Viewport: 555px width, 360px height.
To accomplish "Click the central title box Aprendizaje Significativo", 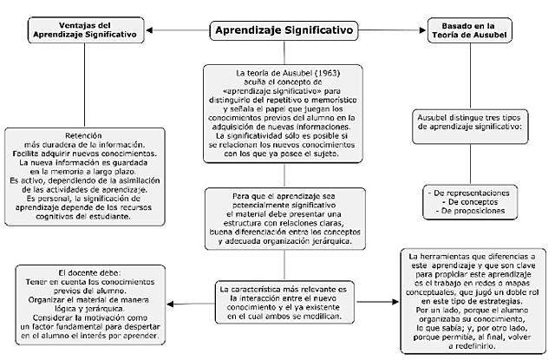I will click(284, 30).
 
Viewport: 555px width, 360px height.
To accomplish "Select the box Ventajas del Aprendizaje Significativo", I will click(84, 29).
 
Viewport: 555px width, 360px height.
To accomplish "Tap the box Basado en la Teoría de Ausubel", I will click(469, 29).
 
